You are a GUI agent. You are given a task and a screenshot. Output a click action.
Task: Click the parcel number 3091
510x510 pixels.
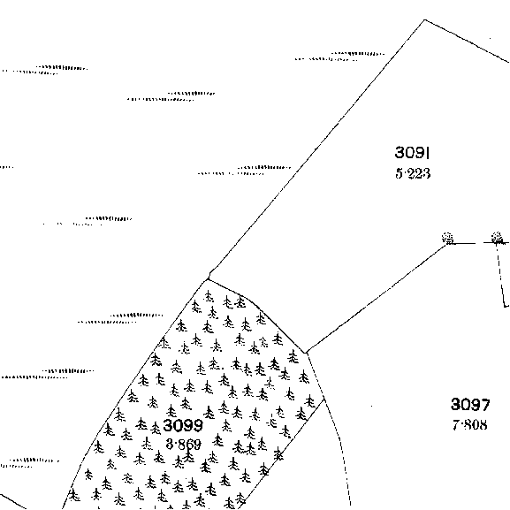point(413,153)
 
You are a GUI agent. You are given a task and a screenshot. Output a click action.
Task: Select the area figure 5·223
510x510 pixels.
point(413,173)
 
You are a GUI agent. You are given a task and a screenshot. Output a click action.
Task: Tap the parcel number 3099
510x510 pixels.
point(183,425)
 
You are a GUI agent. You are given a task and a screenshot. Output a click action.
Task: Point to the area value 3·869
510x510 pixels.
point(184,444)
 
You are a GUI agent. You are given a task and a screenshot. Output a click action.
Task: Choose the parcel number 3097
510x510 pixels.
point(470,405)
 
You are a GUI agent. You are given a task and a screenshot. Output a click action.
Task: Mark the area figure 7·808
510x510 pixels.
point(470,425)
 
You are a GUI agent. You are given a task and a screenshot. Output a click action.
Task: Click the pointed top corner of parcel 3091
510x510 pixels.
point(425,19)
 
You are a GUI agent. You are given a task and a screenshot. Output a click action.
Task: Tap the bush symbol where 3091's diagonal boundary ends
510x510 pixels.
point(448,238)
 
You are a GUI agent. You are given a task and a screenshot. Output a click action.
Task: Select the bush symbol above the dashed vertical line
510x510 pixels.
point(497,238)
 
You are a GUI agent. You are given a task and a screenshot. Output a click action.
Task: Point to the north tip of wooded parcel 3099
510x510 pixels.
point(209,279)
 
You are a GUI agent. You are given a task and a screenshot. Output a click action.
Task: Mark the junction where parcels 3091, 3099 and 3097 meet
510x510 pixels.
point(306,353)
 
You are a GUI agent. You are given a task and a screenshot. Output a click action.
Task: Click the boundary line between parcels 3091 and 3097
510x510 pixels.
point(377,298)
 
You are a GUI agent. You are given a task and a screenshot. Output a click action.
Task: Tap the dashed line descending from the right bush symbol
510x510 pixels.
point(501,275)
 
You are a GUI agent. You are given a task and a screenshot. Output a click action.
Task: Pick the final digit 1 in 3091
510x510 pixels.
point(429,153)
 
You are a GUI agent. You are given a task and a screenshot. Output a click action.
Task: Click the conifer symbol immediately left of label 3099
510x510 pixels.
point(156,428)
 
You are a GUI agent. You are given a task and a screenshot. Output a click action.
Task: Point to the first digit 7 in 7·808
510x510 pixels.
point(456,425)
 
